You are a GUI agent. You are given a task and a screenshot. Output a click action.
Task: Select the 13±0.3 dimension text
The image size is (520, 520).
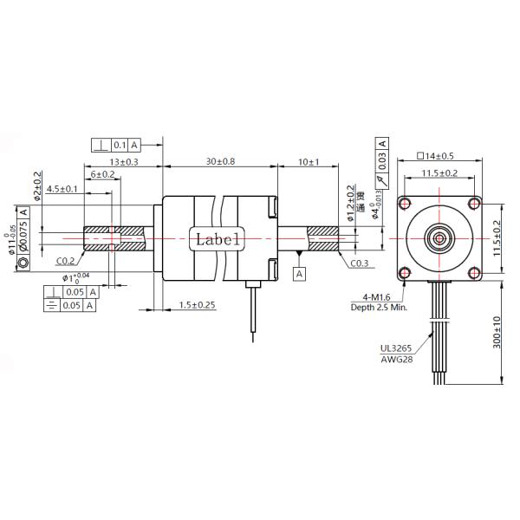(x=123, y=161)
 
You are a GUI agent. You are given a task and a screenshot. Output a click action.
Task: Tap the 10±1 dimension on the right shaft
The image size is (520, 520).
(x=308, y=161)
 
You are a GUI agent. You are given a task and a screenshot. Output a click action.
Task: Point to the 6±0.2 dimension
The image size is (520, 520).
(x=103, y=174)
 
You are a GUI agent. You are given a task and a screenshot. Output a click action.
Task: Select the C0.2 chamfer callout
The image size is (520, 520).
(x=65, y=260)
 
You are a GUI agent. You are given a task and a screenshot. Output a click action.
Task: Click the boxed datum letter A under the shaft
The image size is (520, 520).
(x=300, y=274)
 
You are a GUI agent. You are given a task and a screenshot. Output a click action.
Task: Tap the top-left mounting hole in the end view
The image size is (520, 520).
(x=405, y=205)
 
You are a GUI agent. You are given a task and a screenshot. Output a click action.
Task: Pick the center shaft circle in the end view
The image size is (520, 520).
(x=438, y=237)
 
